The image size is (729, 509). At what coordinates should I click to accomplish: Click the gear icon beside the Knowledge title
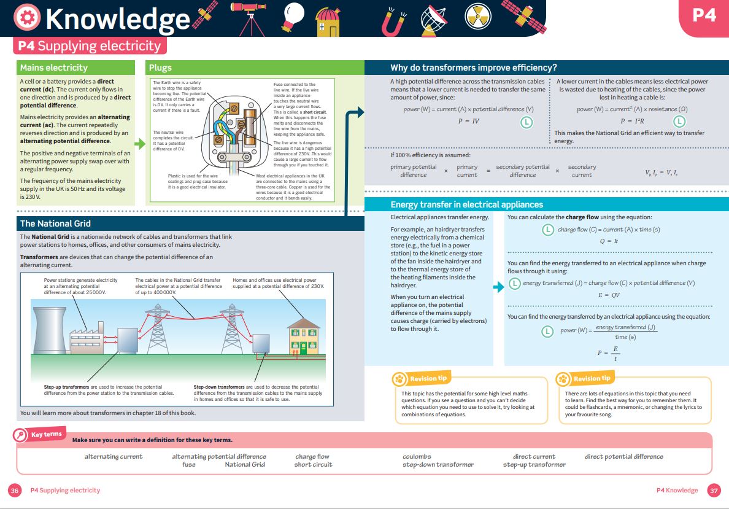(x=27, y=18)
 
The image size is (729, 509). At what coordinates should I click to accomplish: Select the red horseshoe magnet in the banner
(x=393, y=22)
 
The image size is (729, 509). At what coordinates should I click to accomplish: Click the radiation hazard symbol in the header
(x=478, y=16)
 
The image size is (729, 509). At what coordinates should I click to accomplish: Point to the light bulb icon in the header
(x=293, y=17)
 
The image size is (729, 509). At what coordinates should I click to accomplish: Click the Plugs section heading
(x=160, y=68)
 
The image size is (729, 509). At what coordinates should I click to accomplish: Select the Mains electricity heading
(x=54, y=68)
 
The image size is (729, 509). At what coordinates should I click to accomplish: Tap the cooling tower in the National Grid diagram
(x=50, y=330)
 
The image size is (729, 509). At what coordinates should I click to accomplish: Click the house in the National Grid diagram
(x=304, y=336)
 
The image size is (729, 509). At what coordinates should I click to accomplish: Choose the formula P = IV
(x=469, y=121)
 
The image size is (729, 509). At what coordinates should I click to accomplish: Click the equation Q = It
(x=609, y=241)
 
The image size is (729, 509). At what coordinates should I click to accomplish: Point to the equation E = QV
(x=609, y=295)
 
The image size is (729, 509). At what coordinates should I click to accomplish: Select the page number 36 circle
(x=15, y=491)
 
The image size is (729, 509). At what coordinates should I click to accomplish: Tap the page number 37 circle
(x=714, y=491)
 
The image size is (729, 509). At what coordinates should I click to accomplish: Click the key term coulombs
(x=417, y=456)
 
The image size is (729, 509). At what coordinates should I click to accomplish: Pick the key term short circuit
(x=314, y=464)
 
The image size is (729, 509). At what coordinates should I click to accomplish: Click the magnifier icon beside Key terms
(x=20, y=435)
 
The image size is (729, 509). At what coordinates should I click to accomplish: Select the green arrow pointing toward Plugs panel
(x=140, y=144)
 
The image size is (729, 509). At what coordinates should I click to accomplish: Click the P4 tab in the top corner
(x=704, y=15)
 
